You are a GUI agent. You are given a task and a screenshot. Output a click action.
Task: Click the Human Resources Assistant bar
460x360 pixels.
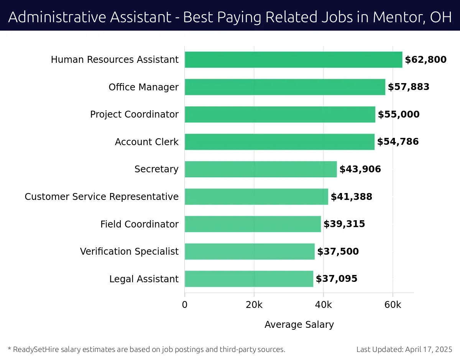point(293,60)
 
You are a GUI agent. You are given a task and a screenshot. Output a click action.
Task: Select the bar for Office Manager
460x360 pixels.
point(285,87)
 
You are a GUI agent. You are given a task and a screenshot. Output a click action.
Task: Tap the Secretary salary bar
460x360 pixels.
point(261,169)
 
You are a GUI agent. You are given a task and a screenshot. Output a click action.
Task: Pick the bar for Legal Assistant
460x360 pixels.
point(249,279)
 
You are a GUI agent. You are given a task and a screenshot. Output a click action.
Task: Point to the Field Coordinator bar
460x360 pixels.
point(253,224)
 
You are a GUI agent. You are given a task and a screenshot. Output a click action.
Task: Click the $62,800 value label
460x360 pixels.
point(426,60)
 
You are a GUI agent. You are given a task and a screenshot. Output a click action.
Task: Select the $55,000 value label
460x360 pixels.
point(399,115)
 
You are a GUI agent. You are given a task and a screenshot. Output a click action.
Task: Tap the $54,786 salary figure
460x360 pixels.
point(398,142)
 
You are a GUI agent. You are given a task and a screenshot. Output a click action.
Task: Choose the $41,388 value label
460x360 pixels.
point(352,197)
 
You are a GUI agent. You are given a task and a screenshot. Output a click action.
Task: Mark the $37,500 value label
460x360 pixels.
point(338,252)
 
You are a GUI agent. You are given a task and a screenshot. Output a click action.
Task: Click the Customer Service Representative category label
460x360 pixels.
point(102,197)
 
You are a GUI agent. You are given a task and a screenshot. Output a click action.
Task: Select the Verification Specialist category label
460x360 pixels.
point(129,252)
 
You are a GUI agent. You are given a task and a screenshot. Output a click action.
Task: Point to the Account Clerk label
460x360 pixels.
point(146,142)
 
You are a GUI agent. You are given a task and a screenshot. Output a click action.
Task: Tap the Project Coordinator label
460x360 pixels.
point(134,115)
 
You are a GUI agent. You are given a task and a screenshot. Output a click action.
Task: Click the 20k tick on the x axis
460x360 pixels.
point(254,305)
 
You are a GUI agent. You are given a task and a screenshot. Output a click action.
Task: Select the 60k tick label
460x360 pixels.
point(393,305)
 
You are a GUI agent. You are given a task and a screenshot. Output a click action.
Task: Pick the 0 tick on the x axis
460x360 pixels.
point(185,305)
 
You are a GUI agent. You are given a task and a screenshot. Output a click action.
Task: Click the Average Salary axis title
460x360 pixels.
point(299,325)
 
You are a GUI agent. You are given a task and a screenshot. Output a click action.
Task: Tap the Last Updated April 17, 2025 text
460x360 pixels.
point(404,349)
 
